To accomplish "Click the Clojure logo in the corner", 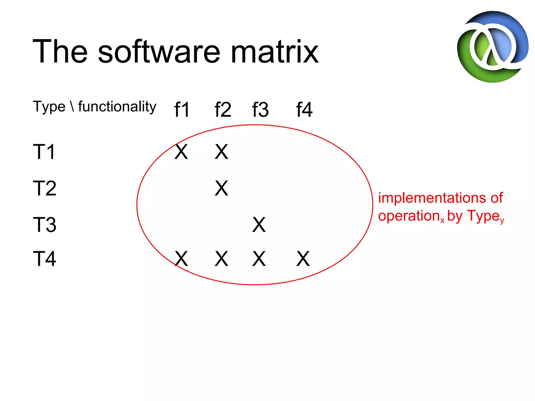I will click(493, 47).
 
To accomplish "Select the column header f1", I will click(182, 110).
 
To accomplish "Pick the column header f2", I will click(223, 110).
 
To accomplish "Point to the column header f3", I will click(260, 110).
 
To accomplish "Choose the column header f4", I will click(304, 110).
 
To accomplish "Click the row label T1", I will click(44, 152).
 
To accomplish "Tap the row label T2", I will click(45, 188).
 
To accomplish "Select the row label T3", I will click(45, 225).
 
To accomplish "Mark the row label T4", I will click(44, 259).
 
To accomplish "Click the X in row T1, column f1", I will click(181, 152).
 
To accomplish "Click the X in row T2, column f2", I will click(222, 188).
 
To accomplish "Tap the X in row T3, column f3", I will click(259, 225).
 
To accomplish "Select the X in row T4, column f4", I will click(303, 259).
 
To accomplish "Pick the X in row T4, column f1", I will click(181, 259).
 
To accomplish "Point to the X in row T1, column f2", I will click(222, 152).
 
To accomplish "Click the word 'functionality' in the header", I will click(117, 107).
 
